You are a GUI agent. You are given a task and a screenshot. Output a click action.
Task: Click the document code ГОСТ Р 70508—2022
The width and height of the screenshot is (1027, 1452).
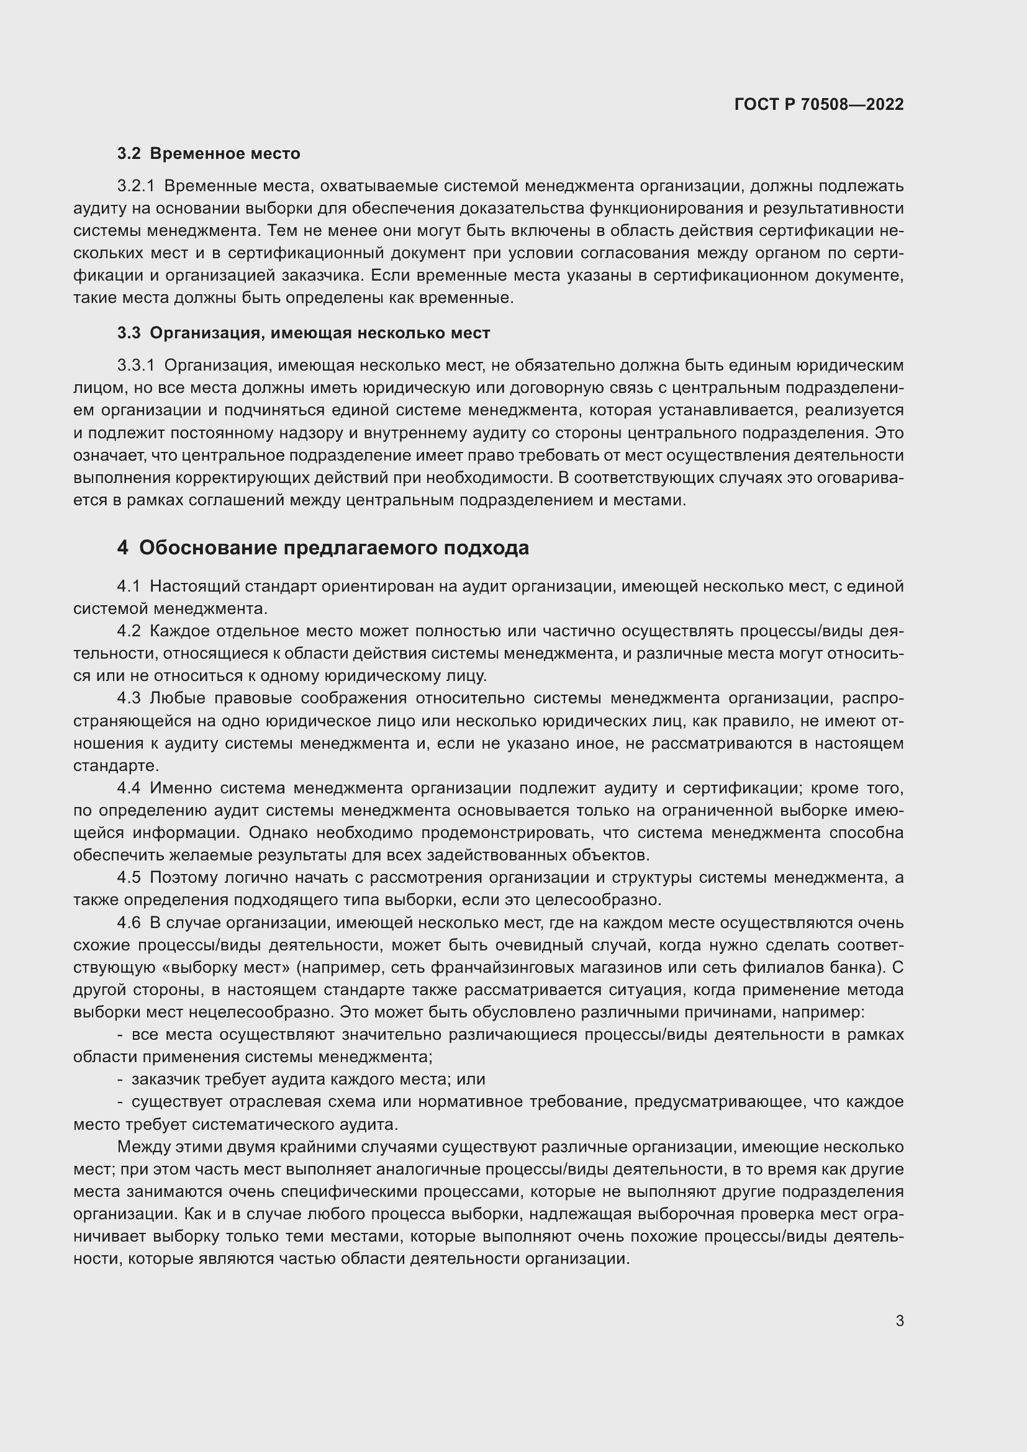coord(819,104)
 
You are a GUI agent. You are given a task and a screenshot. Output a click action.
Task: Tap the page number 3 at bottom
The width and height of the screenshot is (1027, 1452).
coord(899,1321)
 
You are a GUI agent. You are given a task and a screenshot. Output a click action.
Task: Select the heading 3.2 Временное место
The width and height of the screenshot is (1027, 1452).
coord(209,154)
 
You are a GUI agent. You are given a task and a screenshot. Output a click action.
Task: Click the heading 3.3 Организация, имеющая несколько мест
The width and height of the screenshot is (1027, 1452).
coord(304,333)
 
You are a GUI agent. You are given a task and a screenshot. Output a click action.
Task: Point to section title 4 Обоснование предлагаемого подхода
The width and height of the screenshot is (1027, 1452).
coord(322,548)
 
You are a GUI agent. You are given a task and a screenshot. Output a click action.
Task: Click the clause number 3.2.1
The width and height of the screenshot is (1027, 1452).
coord(135,186)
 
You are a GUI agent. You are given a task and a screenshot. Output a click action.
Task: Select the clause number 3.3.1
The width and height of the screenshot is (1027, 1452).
coord(135,366)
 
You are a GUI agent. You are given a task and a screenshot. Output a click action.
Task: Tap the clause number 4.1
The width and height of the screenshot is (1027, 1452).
coord(129,586)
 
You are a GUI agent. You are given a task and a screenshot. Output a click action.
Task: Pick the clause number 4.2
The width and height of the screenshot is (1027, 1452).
coord(129,631)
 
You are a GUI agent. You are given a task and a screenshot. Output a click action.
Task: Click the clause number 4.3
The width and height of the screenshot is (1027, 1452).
coord(129,698)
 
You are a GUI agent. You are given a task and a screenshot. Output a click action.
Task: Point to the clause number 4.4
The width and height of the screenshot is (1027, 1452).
coord(129,788)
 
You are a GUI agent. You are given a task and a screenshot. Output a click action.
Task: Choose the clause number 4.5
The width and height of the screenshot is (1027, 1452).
coord(129,877)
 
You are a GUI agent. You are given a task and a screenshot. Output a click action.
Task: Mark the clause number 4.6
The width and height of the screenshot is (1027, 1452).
coord(129,922)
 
